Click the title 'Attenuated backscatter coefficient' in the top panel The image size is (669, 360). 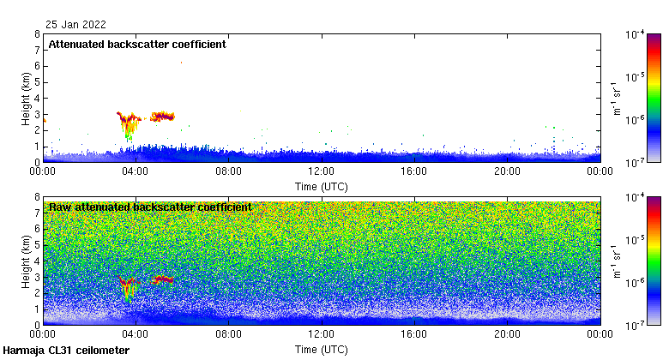tap(137, 45)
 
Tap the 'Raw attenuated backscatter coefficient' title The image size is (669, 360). tap(150, 207)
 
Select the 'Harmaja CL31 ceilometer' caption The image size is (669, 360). tap(66, 351)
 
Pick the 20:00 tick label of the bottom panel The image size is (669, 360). tap(507, 334)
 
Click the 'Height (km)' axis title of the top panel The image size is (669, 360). tap(26, 98)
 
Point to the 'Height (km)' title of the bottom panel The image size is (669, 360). tap(26, 261)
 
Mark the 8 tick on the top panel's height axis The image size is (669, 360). tap(36, 34)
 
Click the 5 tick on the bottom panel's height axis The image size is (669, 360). tap(36, 245)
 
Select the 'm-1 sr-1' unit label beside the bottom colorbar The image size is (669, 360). tap(617, 261)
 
